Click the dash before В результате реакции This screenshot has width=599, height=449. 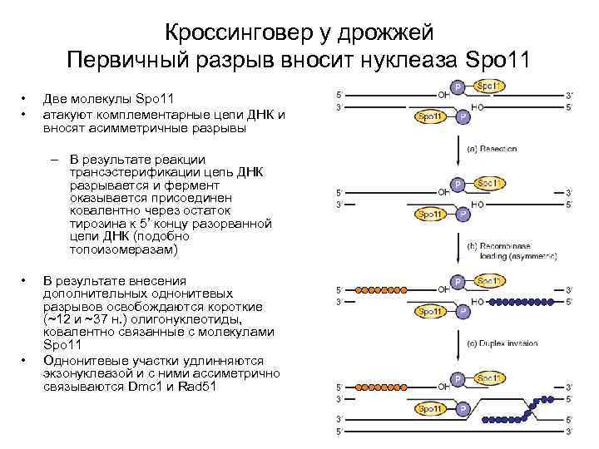[53, 160]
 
